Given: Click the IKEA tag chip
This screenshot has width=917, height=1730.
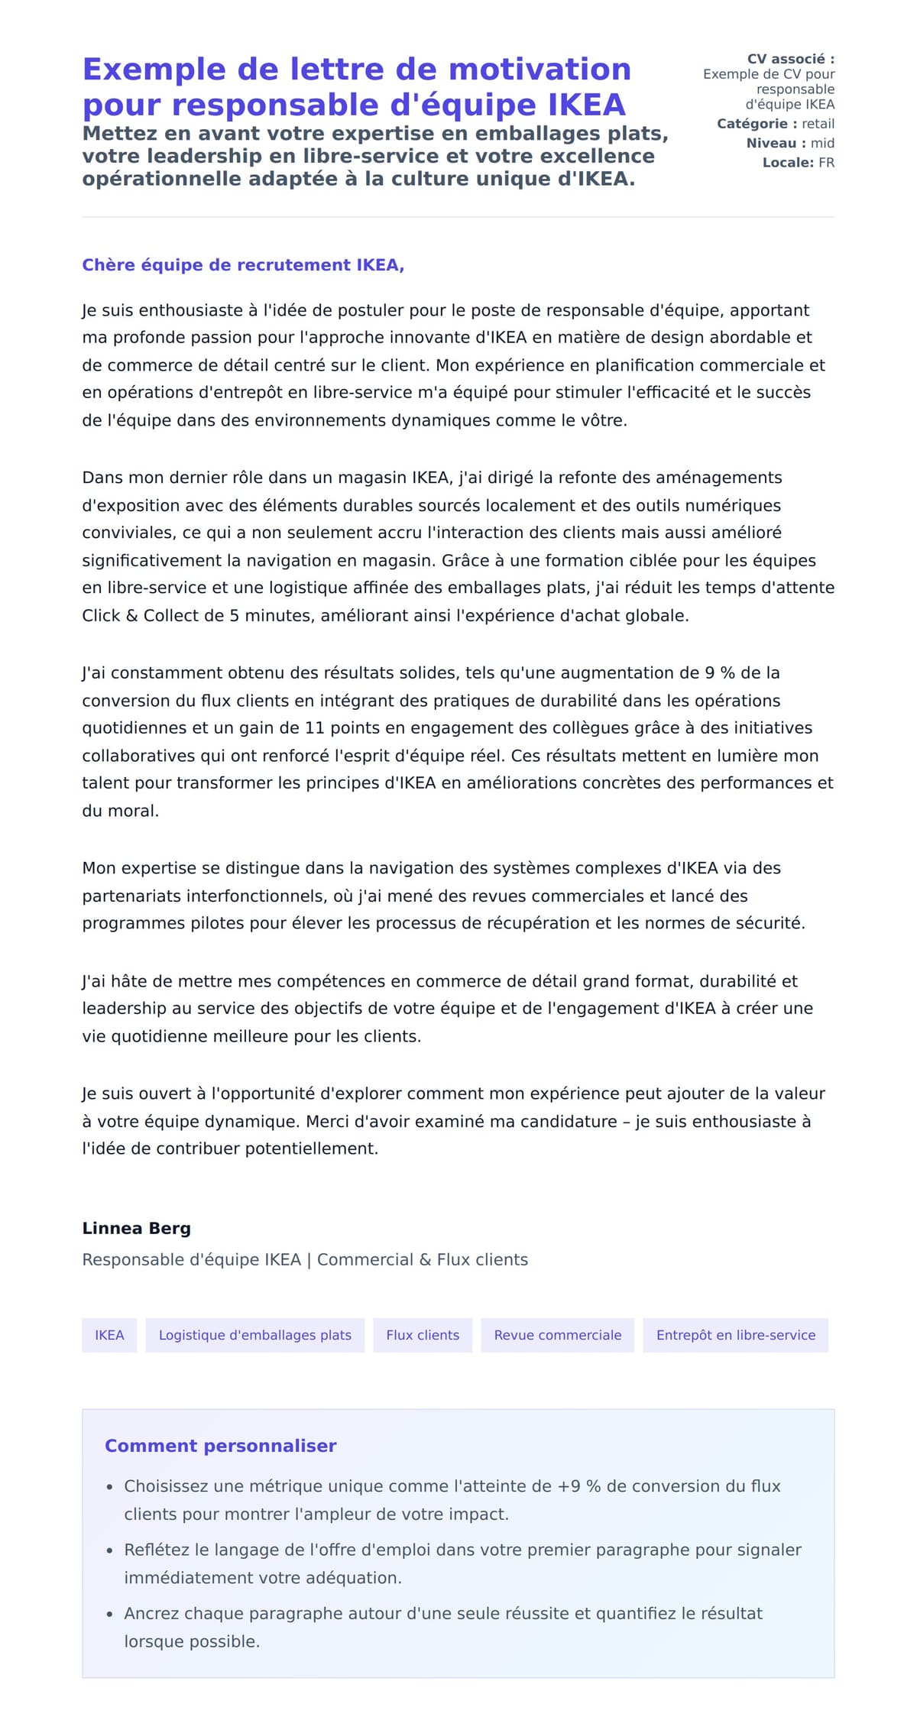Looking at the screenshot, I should tap(109, 1335).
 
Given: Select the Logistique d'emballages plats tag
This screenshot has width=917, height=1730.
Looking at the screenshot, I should tap(254, 1335).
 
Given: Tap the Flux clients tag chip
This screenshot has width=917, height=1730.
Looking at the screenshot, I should tap(423, 1335).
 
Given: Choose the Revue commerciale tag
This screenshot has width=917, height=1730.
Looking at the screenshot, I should tap(557, 1335).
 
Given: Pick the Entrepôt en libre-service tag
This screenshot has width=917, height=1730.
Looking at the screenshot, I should tap(735, 1335).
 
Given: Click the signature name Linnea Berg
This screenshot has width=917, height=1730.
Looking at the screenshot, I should tap(136, 1228).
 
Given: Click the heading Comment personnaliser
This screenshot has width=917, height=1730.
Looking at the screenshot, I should tap(220, 1446).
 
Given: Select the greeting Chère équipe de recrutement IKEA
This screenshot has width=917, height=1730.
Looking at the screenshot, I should tap(242, 265).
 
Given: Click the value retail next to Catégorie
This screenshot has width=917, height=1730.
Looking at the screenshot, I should tap(818, 124).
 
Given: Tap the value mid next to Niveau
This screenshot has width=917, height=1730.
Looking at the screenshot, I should tap(822, 143).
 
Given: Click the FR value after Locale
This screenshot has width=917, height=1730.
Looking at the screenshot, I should tap(826, 163).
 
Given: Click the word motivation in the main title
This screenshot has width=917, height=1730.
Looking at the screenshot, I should tap(540, 70).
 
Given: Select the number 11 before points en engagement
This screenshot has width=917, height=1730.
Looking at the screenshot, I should tap(315, 728).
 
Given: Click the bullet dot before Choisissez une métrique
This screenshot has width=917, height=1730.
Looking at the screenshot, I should tap(110, 1487).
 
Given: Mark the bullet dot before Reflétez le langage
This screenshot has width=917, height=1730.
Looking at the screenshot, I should tap(110, 1550).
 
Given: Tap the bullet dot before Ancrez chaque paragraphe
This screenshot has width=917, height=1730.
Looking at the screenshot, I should tap(110, 1614).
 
